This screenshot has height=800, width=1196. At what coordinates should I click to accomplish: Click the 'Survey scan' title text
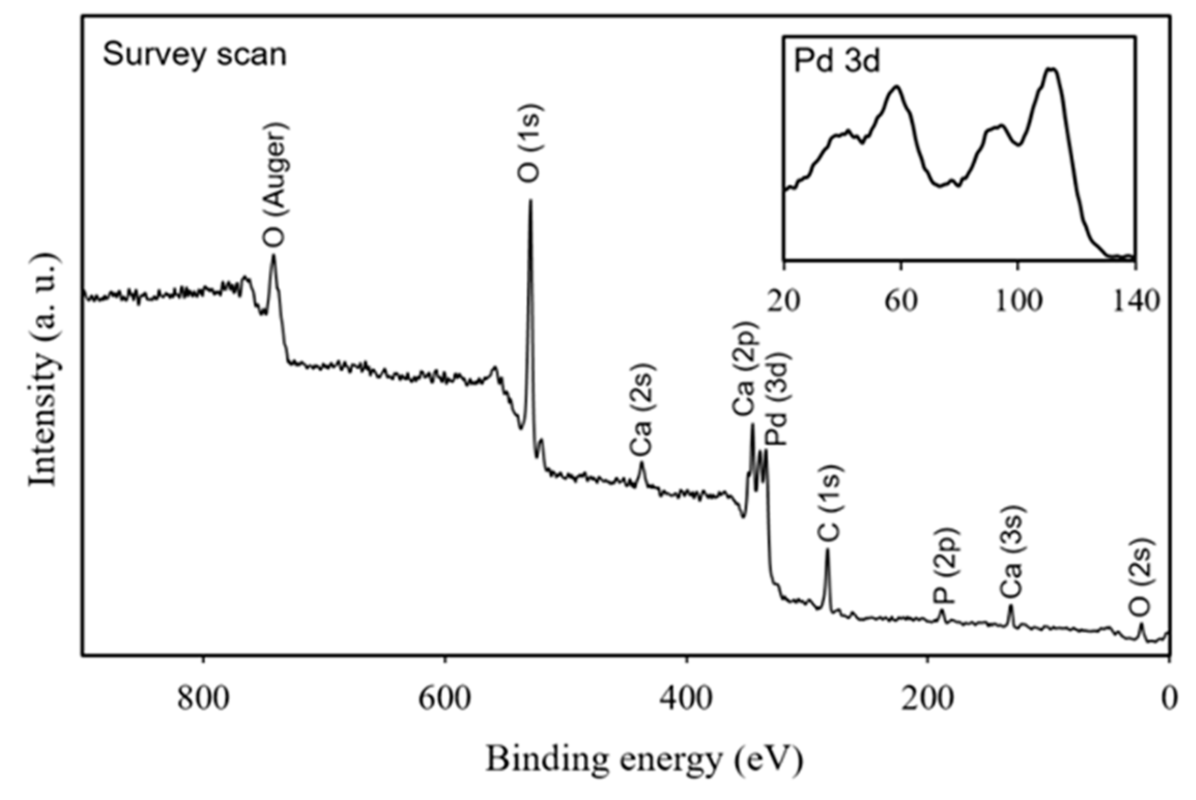point(194,54)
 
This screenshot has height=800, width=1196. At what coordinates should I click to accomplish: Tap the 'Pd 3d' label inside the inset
point(837,62)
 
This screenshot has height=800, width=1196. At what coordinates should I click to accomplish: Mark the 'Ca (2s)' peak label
point(643,410)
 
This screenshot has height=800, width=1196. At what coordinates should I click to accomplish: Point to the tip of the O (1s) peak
point(530,200)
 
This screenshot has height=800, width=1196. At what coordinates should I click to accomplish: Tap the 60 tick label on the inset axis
point(901,301)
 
